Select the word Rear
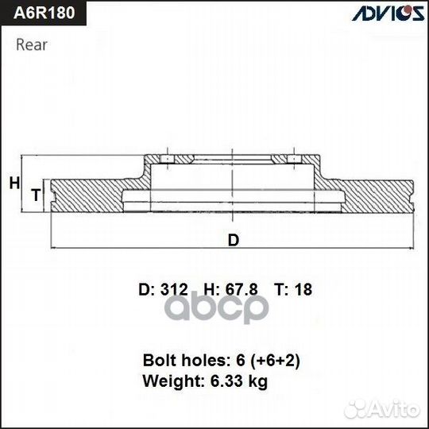click(x=31, y=44)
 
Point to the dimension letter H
click(x=14, y=184)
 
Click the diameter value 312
click(x=173, y=290)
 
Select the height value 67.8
click(x=241, y=290)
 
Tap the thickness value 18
click(x=303, y=290)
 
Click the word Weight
click(x=168, y=381)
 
